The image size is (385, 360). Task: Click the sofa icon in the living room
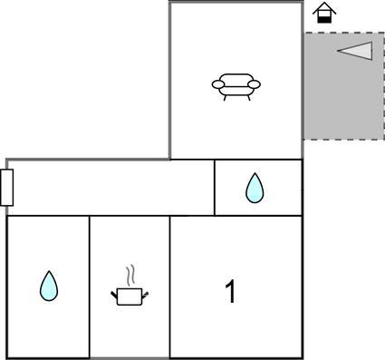(236, 87)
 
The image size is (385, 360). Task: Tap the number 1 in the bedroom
(231, 291)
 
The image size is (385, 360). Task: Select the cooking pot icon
(130, 297)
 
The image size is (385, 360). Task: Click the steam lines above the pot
(130, 276)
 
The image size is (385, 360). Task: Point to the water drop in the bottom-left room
(49, 286)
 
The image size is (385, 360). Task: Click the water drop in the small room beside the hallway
(255, 188)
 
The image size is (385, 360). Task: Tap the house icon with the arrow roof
(324, 12)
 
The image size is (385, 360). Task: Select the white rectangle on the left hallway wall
(6, 188)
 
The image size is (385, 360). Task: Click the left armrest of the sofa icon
(218, 84)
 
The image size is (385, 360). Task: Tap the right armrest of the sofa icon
(254, 84)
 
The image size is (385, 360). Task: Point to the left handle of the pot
(114, 294)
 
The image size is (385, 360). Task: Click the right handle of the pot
(145, 294)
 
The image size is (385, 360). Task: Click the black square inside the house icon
(324, 20)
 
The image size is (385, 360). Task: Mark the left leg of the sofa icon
(225, 98)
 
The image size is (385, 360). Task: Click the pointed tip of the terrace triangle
(337, 51)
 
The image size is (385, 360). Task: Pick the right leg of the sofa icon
(249, 98)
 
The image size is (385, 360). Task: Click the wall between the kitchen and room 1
(169, 287)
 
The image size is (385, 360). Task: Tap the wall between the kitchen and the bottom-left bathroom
(90, 287)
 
